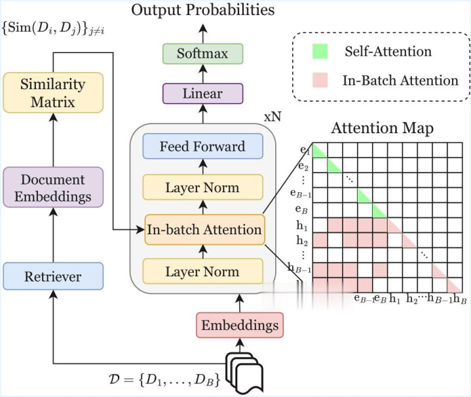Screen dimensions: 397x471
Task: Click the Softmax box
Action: [202, 53]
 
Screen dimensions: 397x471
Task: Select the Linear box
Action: [202, 93]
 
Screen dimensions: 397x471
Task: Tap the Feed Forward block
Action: [202, 146]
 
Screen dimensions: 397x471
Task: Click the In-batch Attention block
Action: [204, 230]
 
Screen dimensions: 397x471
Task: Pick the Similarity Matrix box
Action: [53, 93]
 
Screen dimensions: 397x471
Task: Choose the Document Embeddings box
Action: [53, 188]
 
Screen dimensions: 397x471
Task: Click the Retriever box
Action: [53, 276]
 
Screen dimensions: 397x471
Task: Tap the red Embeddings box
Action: [239, 325]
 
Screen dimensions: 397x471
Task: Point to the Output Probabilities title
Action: [202, 10]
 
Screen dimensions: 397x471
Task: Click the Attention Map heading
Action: [383, 128]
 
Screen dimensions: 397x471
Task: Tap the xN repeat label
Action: [273, 117]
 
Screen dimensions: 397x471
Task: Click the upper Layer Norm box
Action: [202, 188]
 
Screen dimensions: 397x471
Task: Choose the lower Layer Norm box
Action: [202, 271]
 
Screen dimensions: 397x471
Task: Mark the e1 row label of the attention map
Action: [304, 150]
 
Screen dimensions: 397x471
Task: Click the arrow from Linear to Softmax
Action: [202, 73]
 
